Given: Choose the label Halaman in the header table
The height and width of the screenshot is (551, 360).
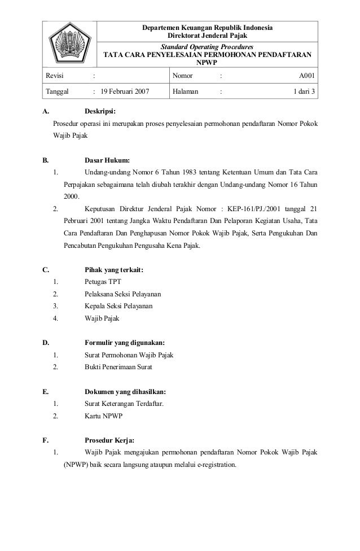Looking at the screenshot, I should click(x=186, y=90).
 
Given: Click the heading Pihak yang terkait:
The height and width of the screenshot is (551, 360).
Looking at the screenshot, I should click(x=114, y=270).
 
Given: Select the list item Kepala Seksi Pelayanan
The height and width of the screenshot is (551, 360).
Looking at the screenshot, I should click(x=118, y=306).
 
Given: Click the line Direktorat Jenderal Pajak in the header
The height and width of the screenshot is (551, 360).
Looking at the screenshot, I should click(x=208, y=36).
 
